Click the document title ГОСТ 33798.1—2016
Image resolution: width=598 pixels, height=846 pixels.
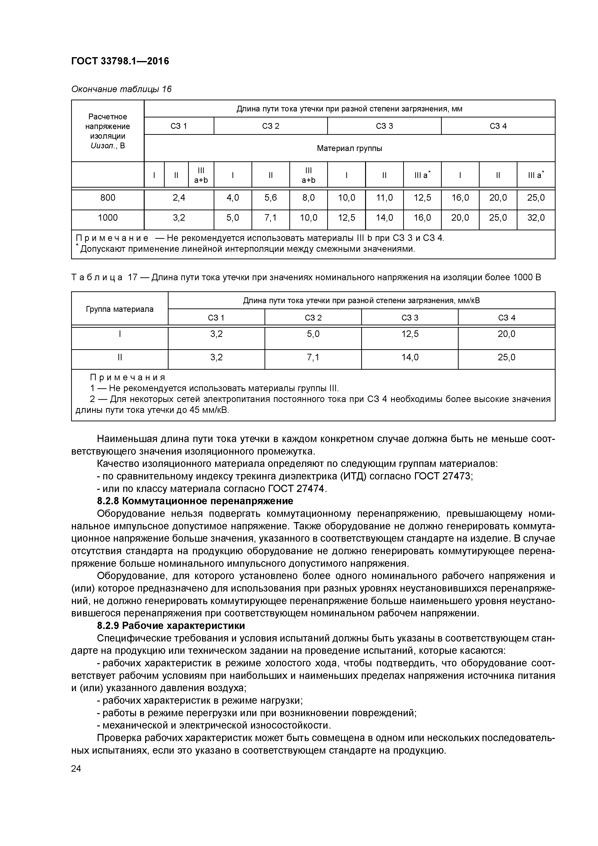tap(120, 61)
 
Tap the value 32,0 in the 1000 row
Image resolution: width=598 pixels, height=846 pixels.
tap(536, 218)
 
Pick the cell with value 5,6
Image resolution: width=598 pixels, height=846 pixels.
tap(271, 198)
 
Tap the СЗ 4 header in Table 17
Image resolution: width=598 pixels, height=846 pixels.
tap(506, 318)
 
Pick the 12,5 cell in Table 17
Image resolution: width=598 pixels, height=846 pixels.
tap(410, 334)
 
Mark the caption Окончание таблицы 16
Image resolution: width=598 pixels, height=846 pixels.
tap(121, 89)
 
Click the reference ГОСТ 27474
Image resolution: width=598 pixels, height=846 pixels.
tap(297, 489)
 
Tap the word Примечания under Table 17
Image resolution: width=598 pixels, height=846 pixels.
tap(128, 377)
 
